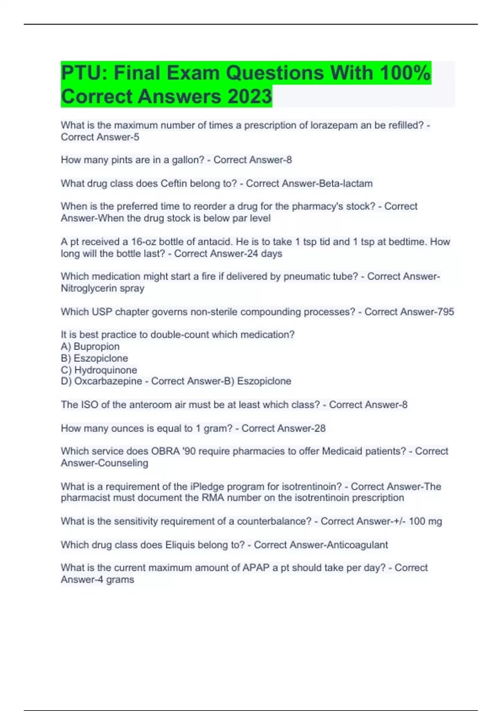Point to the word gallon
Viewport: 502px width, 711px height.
[190, 160]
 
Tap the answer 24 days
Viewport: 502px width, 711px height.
[264, 253]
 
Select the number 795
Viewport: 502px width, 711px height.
[445, 312]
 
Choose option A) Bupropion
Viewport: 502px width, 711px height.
[90, 346]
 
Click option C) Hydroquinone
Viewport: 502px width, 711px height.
[99, 370]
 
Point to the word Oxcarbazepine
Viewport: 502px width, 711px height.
[108, 381]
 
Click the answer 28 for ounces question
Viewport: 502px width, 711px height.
[320, 428]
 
